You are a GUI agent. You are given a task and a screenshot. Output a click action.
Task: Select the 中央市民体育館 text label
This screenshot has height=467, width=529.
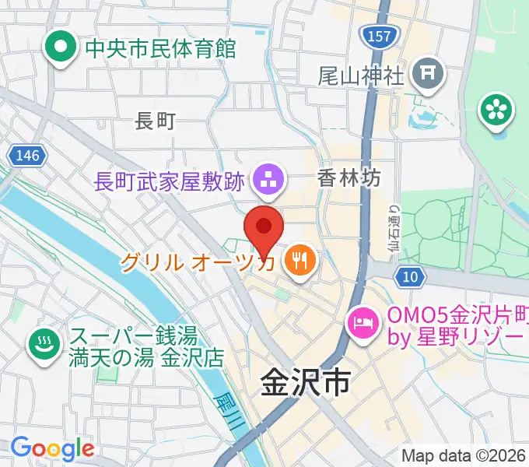pos(160,49)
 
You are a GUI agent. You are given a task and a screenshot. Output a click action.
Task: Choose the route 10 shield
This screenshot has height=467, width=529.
pos(410,276)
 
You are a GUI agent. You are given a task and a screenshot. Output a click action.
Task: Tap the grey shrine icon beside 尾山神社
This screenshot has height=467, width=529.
pos(428,75)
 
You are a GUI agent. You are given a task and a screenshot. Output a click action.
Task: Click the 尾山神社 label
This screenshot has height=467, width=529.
pos(361,75)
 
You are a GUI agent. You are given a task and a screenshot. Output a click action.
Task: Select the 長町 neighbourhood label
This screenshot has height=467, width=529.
pos(156,121)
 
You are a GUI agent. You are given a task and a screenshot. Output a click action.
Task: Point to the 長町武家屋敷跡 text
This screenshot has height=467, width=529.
pos(170,182)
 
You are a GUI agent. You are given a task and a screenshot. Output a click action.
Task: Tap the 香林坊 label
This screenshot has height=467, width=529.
pos(349,178)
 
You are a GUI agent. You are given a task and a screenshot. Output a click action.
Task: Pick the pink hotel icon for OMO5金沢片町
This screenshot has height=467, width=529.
pos(363,320)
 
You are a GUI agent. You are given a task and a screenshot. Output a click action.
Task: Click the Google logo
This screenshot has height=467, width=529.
pos(52,448)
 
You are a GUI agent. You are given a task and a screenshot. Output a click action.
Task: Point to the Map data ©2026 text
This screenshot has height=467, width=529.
pos(464,455)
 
